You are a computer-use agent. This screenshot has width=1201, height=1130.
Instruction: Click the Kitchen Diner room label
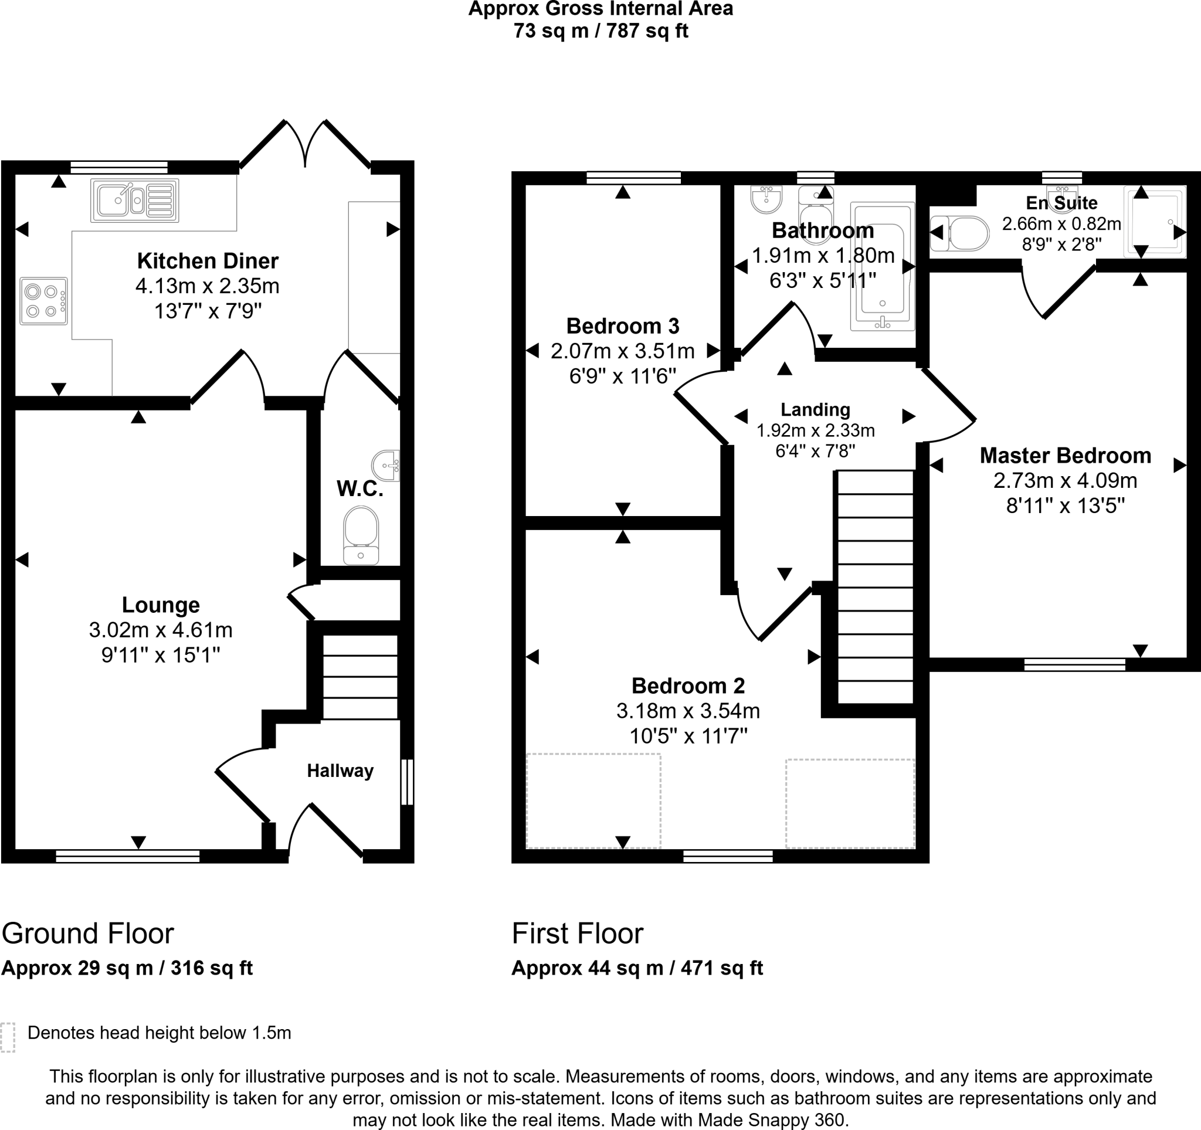(208, 261)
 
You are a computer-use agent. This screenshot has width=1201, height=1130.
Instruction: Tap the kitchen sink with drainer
(135, 200)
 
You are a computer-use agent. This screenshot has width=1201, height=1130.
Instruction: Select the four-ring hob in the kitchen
(43, 301)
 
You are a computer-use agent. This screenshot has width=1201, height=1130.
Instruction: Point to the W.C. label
(360, 488)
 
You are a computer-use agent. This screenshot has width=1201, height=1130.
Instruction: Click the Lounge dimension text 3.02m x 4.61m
(161, 630)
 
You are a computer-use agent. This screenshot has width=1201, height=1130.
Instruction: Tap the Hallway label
(340, 771)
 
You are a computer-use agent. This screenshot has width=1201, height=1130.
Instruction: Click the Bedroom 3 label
(623, 326)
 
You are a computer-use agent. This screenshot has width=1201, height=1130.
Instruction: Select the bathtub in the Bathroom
(883, 266)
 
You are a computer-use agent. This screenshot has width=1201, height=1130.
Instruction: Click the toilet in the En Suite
(959, 233)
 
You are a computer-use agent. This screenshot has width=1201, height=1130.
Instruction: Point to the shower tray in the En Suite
(1155, 221)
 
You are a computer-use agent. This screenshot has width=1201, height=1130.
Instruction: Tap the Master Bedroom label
(1066, 456)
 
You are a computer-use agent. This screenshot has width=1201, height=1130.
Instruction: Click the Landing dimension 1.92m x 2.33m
(816, 430)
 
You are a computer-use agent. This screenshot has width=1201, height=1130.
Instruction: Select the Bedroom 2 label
(688, 686)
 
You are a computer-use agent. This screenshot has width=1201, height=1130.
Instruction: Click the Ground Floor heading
(87, 934)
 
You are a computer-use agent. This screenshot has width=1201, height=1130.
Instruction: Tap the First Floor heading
(578, 934)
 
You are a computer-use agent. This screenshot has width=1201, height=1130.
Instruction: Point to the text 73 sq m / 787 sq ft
(600, 31)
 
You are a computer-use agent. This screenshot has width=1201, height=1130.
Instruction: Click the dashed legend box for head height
(8, 1037)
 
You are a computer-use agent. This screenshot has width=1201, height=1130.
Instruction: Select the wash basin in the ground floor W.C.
(386, 465)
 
